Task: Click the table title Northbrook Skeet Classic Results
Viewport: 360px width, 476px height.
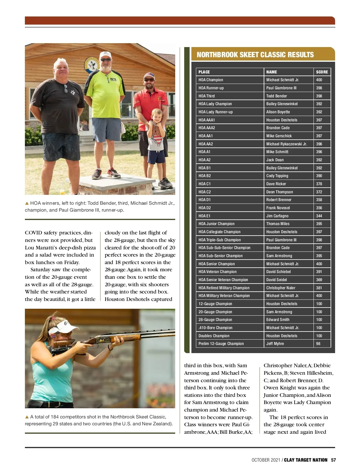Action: pyautogui.click(x=255, y=55)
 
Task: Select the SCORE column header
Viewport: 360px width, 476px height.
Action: pyautogui.click(x=322, y=72)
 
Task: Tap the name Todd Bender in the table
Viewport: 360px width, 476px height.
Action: pyautogui.click(x=276, y=96)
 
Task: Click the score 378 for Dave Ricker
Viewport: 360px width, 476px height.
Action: pyautogui.click(x=319, y=184)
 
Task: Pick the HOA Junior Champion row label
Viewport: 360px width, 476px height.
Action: pyautogui.click(x=216, y=224)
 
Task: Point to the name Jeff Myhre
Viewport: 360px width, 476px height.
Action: pyautogui.click(x=275, y=344)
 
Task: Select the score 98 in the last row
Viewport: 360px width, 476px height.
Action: pyautogui.click(x=318, y=344)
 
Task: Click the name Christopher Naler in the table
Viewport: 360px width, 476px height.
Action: pyautogui.click(x=280, y=288)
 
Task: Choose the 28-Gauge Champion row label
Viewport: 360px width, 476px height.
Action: pyautogui.click(x=215, y=320)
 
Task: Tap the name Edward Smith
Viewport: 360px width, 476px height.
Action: pyautogui.click(x=278, y=320)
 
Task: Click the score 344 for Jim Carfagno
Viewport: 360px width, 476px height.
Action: pyautogui.click(x=319, y=216)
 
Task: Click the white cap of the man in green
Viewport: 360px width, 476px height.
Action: pyautogui.click(x=105, y=55)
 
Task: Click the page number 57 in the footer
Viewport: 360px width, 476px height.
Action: pyautogui.click(x=333, y=460)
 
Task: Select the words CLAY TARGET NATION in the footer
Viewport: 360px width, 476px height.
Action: pyautogui.click(x=305, y=460)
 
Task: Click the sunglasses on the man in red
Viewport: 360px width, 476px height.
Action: pyautogui.click(x=149, y=80)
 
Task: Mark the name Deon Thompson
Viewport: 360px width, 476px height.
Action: pyautogui.click(x=279, y=192)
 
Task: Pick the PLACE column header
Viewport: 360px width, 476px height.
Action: pyautogui.click(x=204, y=72)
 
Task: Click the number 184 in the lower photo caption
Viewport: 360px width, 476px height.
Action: pyautogui.click(x=55, y=417)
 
